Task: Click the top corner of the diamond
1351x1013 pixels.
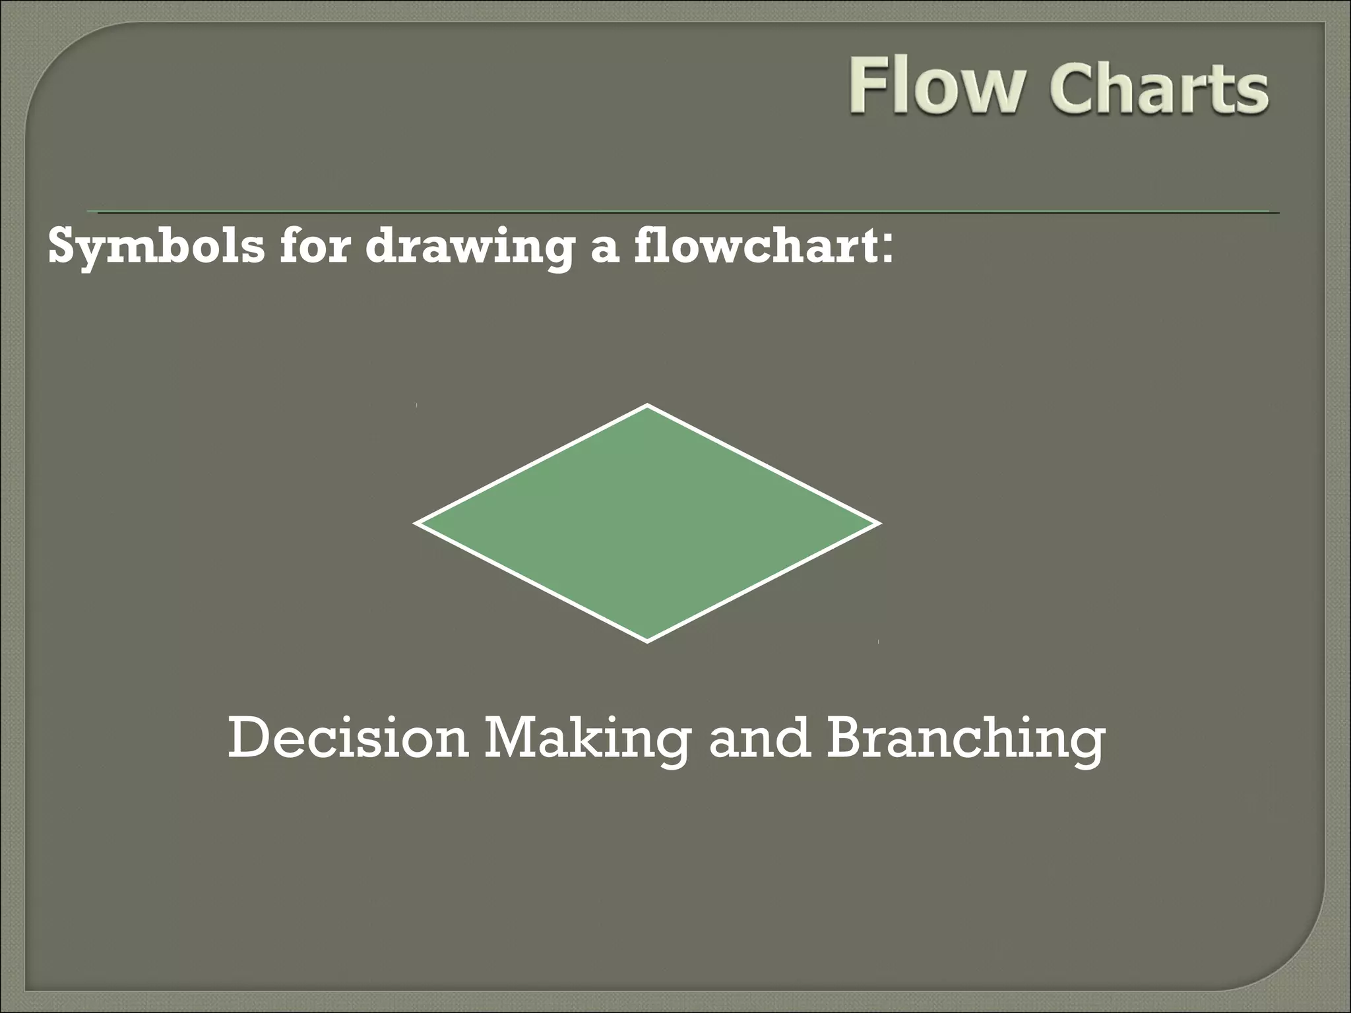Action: click(647, 406)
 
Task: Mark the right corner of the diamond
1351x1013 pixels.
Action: click(878, 524)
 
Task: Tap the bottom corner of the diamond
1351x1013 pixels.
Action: click(647, 640)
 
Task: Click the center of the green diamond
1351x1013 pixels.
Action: click(647, 523)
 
